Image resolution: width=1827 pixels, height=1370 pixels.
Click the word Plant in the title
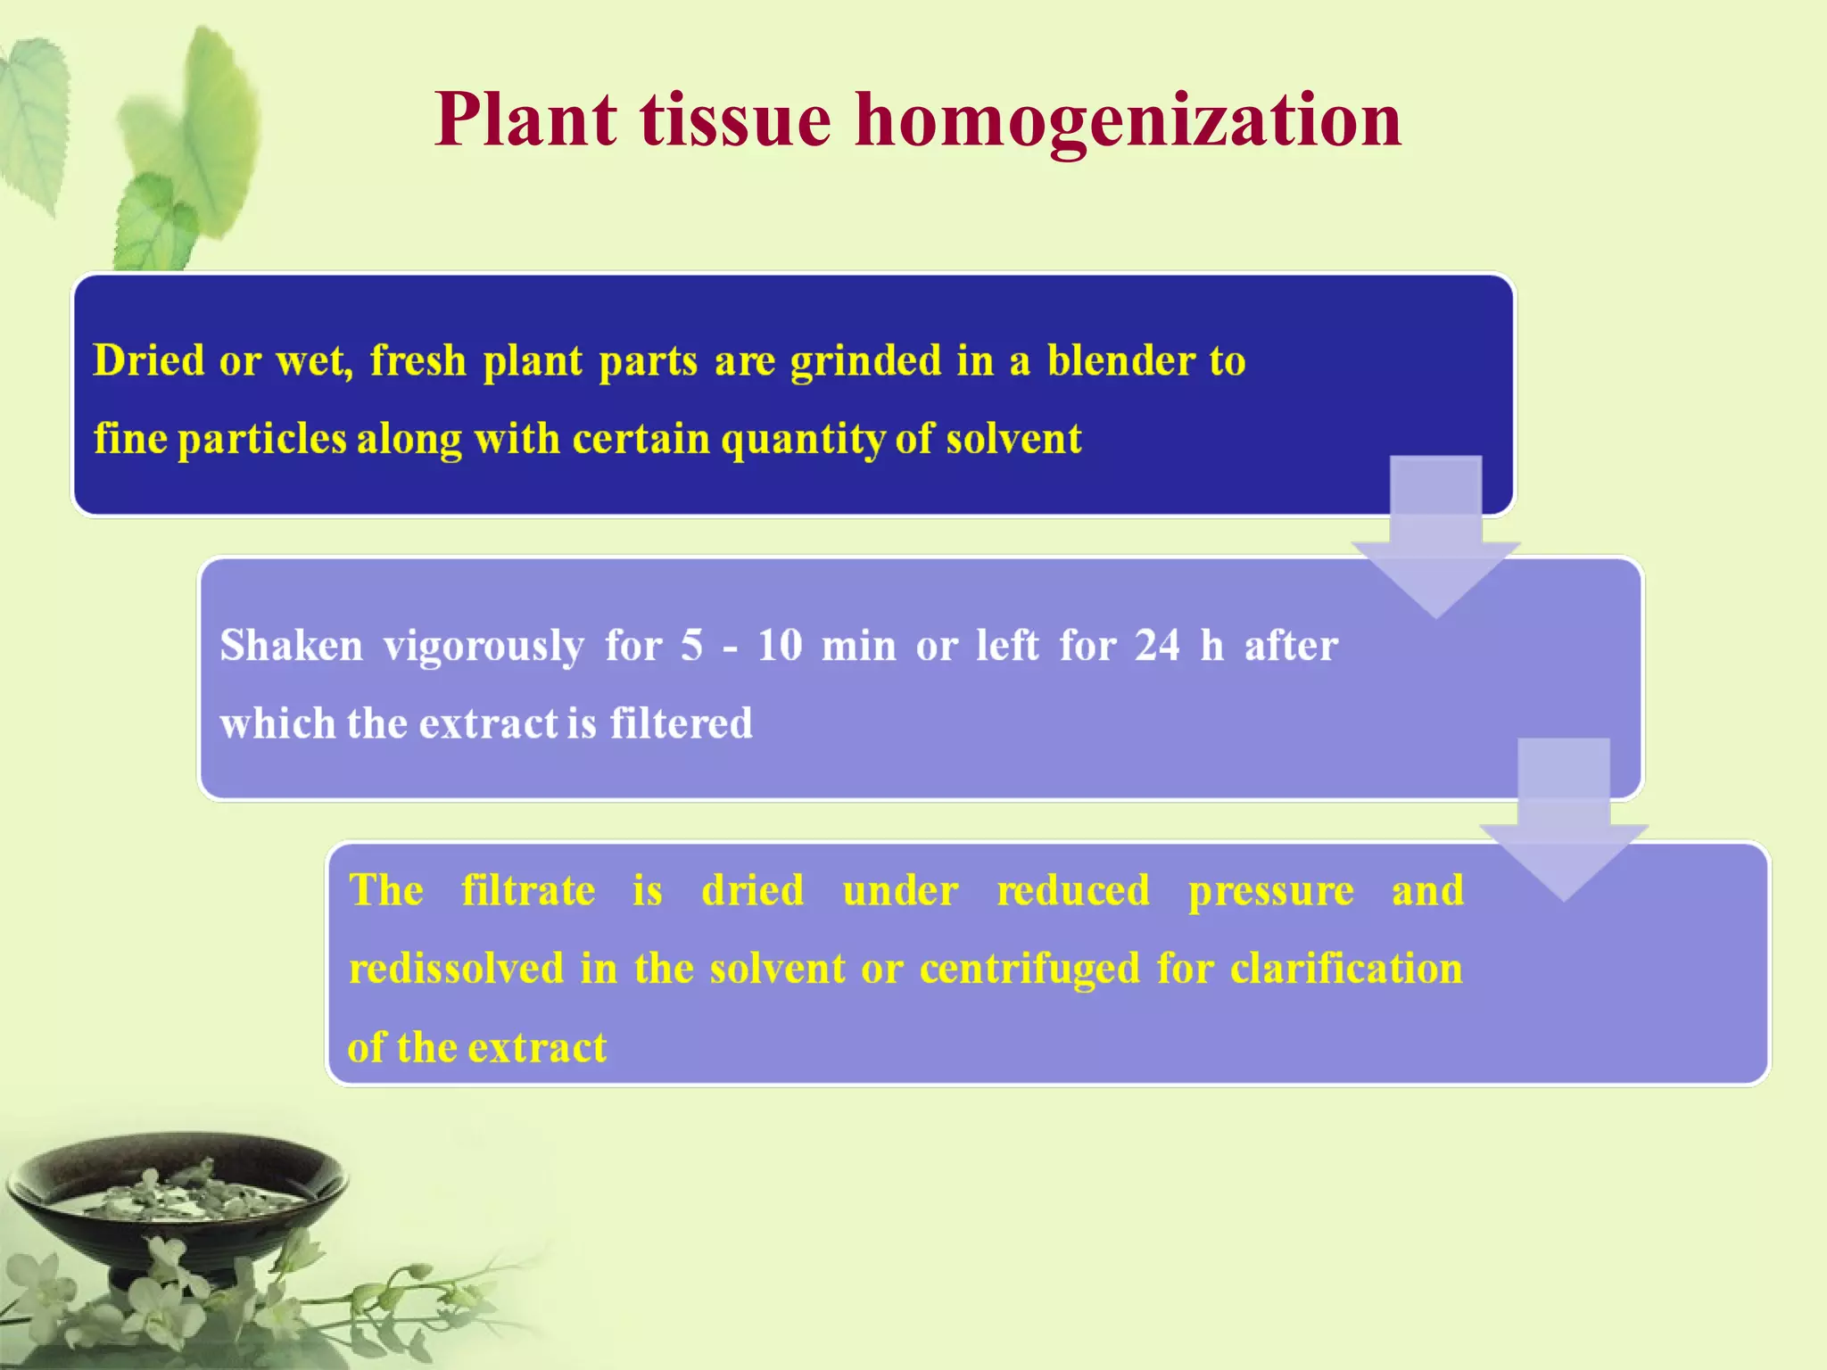tap(525, 120)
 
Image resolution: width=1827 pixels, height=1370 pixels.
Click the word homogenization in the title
tap(1128, 121)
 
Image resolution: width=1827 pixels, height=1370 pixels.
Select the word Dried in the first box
tap(149, 360)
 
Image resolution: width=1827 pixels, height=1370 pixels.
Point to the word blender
tap(1121, 360)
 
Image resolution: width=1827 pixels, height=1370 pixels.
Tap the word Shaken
tap(292, 645)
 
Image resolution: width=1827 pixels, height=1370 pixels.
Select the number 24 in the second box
tap(1157, 645)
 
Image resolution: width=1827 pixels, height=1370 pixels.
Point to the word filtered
tap(682, 722)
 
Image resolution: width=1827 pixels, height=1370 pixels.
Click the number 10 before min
tap(780, 645)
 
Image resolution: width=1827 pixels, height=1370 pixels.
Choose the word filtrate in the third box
tap(528, 890)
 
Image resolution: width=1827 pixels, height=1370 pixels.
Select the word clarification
tap(1346, 969)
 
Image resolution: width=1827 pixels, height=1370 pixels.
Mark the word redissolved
tap(457, 969)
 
